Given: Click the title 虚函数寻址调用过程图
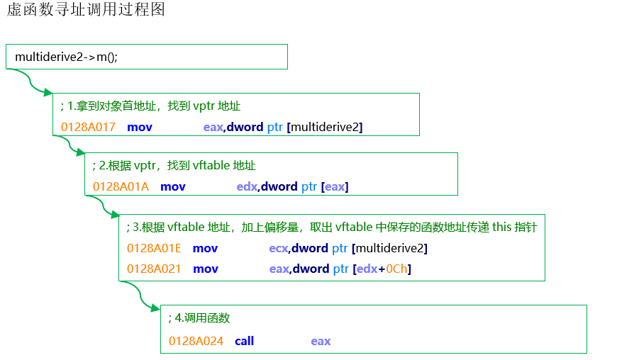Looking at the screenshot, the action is tap(85, 11).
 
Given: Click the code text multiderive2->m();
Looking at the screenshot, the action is tap(66, 57).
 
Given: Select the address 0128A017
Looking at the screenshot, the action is tap(88, 127).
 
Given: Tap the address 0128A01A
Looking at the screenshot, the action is tap(121, 186).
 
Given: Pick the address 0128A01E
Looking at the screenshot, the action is tap(154, 248).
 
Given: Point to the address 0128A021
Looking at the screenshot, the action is tap(154, 269).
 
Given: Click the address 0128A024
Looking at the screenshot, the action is tap(196, 341).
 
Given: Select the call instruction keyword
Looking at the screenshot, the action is tap(244, 341).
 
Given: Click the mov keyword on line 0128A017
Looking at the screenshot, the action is tap(140, 127).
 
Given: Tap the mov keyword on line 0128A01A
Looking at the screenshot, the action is tap(173, 186).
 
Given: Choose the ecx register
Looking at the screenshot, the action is tap(278, 248).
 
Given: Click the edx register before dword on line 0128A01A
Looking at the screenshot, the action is tap(246, 186).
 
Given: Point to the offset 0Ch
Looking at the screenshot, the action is tap(398, 269).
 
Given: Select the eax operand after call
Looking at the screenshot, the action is tap(321, 341).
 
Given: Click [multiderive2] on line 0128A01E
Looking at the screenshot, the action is tap(389, 248).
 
